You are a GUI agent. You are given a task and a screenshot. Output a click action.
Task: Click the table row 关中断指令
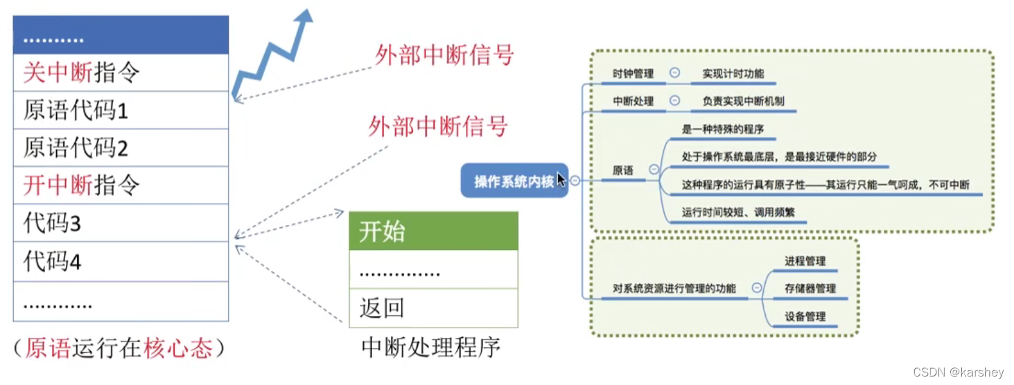[121, 72]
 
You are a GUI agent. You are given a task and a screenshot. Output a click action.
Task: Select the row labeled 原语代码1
[121, 110]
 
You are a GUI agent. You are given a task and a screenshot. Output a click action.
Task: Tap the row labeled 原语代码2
[121, 148]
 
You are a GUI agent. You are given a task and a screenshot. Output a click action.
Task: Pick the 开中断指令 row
[121, 185]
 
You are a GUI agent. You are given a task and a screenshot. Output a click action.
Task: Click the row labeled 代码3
[121, 223]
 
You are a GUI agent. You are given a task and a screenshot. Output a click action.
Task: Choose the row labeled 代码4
[121, 262]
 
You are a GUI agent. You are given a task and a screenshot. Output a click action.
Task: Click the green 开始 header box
[433, 231]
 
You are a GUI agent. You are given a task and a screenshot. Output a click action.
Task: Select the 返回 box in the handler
[433, 307]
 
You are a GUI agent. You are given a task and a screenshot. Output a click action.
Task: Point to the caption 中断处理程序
[431, 347]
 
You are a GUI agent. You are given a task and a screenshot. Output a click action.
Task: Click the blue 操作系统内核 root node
[514, 181]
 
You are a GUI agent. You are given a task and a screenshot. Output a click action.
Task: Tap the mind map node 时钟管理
[633, 74]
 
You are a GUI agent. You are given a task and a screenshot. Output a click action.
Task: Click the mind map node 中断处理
[633, 101]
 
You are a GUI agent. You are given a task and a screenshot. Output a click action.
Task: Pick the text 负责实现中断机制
[743, 101]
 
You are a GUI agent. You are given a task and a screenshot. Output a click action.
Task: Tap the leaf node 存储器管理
[810, 288]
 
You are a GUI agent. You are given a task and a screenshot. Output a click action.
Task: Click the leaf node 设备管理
[805, 316]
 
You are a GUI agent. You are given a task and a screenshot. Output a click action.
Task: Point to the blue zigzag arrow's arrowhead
[304, 16]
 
